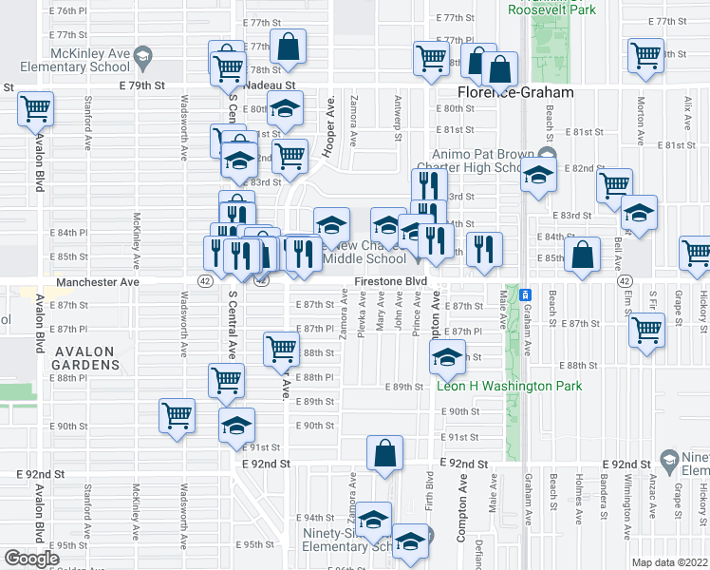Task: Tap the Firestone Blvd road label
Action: (x=389, y=282)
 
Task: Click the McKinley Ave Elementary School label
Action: (x=65, y=60)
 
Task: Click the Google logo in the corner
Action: (x=30, y=559)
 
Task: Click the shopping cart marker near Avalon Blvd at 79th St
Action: (x=35, y=110)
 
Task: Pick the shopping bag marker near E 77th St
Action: (x=287, y=45)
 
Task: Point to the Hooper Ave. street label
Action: (x=331, y=119)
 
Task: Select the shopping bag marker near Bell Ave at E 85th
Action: (x=582, y=254)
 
